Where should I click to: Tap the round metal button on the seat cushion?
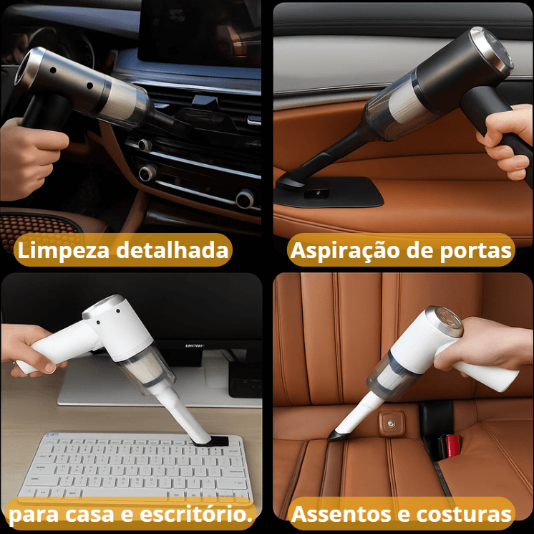coord(391,425)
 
